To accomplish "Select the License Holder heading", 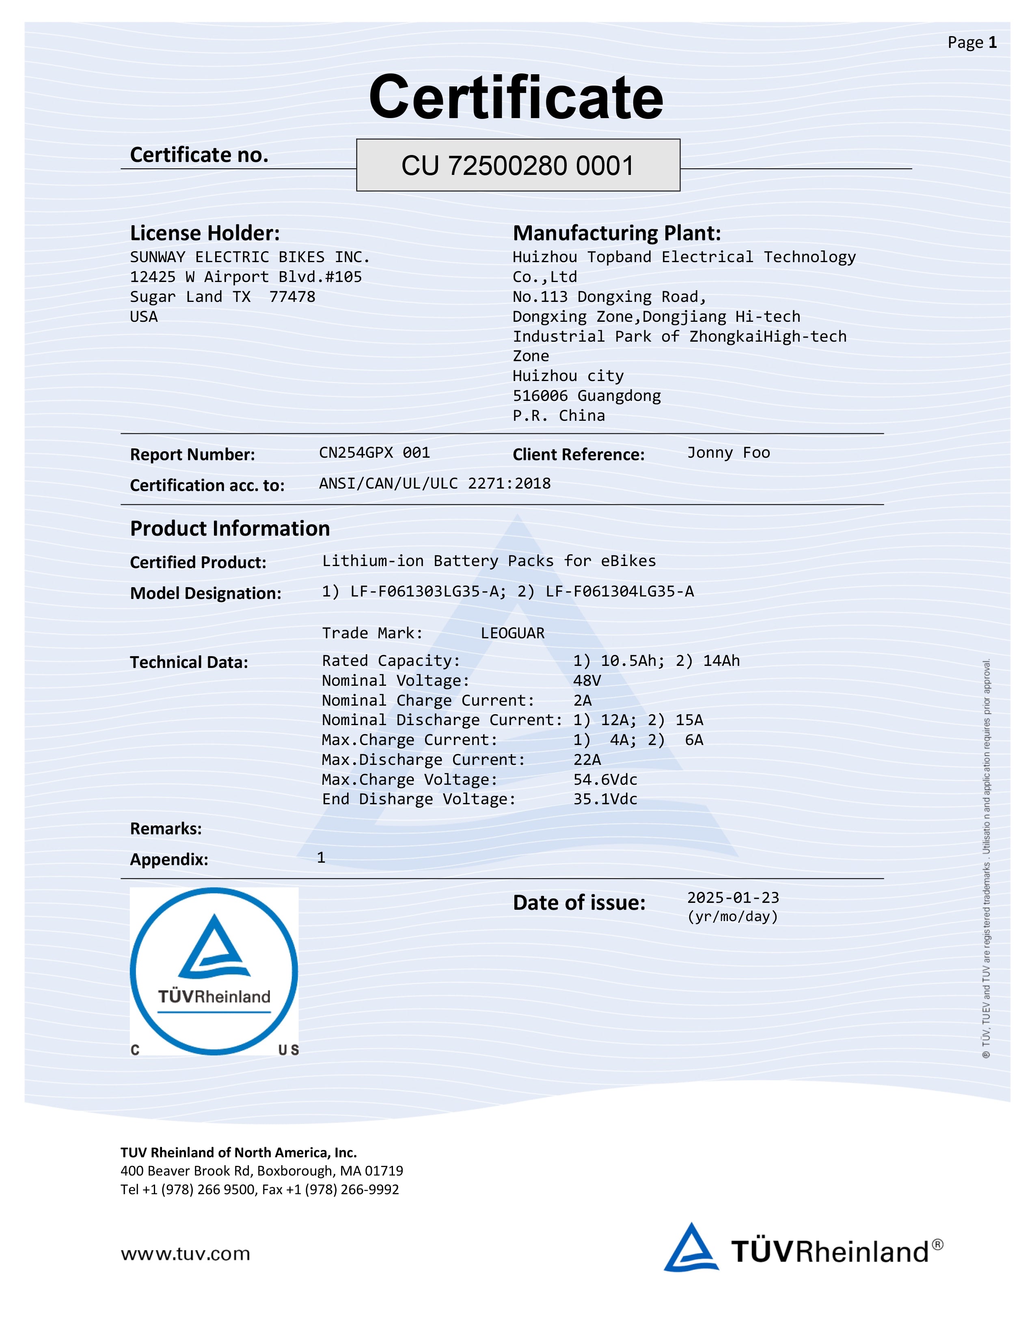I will tap(205, 233).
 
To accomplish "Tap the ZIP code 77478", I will tap(292, 297).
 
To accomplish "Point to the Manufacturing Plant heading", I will tap(616, 233).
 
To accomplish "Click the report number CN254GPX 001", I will tap(374, 453).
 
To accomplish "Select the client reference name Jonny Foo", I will tap(728, 453).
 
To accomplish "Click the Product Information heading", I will tap(230, 528).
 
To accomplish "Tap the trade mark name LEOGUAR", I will tap(512, 633).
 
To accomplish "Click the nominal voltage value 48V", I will tap(587, 681).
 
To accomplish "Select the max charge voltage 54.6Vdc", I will tap(605, 780).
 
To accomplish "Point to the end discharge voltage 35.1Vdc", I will tap(605, 799).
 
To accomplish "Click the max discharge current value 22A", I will tap(587, 760).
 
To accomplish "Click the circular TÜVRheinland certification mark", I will tap(214, 971).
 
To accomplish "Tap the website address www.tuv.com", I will tap(185, 1254).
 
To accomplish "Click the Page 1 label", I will tap(971, 42).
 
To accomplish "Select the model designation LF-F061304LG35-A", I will tap(620, 592).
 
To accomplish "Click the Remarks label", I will tap(166, 829).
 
